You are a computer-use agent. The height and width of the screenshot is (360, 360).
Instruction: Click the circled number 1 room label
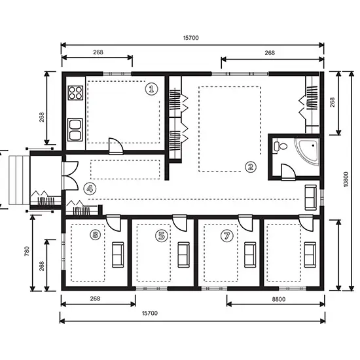[152, 88]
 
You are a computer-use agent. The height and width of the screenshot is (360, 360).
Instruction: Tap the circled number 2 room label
[250, 166]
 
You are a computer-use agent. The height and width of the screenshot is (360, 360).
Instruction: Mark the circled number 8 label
[96, 234]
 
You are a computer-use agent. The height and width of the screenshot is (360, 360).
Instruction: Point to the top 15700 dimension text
[191, 38]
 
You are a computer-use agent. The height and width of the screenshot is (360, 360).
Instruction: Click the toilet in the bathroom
[281, 147]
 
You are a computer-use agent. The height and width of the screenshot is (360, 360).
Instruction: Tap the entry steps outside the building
[16, 179]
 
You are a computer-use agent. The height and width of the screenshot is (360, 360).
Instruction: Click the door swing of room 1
[115, 145]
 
